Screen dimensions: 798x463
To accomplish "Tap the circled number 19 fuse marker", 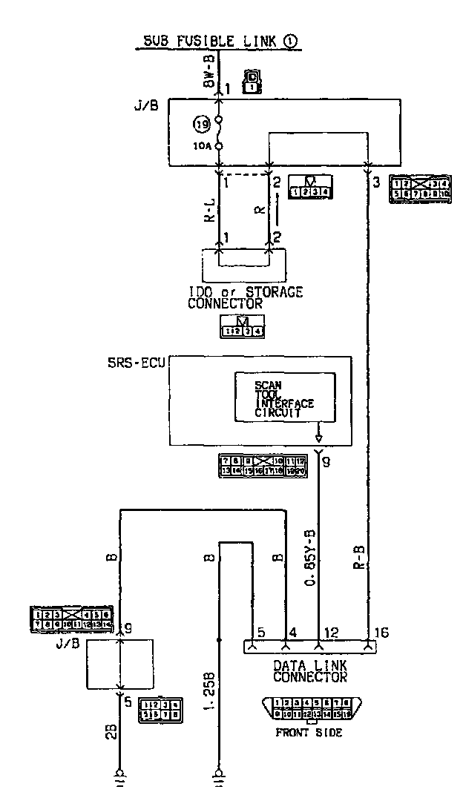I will click(x=200, y=123).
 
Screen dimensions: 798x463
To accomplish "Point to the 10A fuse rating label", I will click(x=202, y=146).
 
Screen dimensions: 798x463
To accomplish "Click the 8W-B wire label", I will click(x=210, y=71).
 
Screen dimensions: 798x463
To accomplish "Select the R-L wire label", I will click(x=210, y=211).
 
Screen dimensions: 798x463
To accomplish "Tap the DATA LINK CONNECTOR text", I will click(x=310, y=670).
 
